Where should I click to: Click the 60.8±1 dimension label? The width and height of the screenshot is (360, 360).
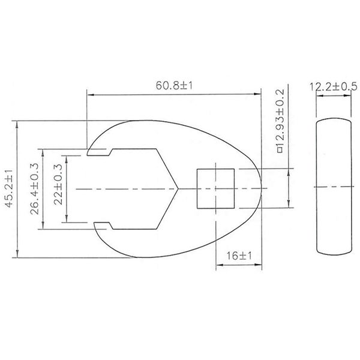pos(175,86)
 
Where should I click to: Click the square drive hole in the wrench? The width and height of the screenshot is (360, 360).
pos(215,189)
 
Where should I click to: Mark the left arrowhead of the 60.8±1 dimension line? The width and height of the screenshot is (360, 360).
pos(90,94)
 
